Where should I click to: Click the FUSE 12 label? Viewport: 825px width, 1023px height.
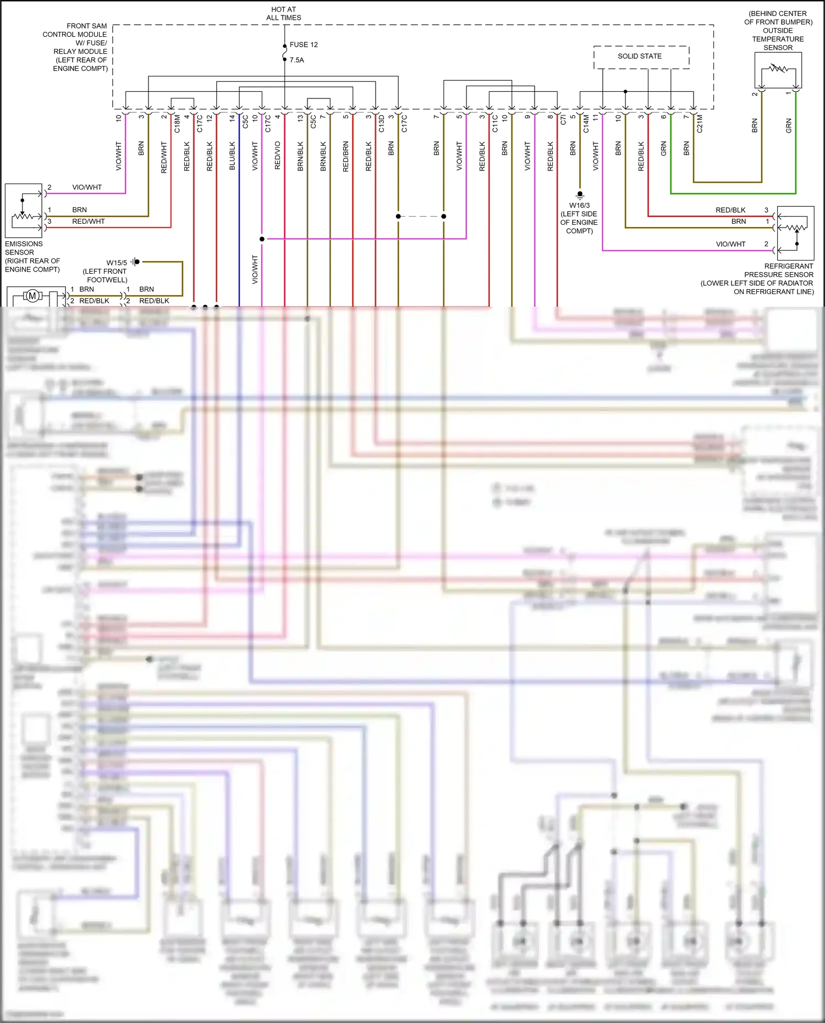point(304,45)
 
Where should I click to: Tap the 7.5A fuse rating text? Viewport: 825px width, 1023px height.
point(297,60)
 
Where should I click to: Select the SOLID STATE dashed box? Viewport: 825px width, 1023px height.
point(641,57)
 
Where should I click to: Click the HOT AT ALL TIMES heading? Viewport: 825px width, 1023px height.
point(284,14)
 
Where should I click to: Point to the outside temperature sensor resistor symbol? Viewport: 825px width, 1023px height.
point(778,70)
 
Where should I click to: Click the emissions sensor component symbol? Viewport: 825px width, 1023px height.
point(24,211)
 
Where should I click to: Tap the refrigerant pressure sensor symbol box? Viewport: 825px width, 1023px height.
point(795,233)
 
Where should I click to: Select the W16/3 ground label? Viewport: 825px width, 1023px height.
point(580,206)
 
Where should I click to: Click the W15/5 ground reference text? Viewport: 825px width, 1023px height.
point(117,263)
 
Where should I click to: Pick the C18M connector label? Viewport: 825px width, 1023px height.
point(177,124)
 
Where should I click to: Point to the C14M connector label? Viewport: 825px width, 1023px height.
point(586,124)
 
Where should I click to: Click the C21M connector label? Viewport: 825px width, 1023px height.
point(700,124)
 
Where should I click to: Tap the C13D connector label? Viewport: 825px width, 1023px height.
point(381,124)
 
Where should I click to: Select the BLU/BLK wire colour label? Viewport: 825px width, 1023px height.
point(232,156)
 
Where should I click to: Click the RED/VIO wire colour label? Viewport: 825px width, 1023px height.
point(278,156)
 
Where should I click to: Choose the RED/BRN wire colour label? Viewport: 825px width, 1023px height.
point(346,157)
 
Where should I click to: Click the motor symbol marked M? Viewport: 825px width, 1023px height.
point(32,296)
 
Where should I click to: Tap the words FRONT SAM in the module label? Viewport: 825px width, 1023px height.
point(87,26)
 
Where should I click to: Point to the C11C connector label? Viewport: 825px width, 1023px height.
point(495,124)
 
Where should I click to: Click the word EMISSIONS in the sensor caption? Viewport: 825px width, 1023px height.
point(24,244)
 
